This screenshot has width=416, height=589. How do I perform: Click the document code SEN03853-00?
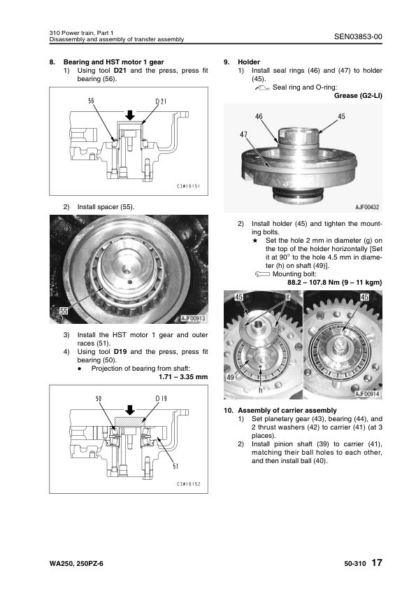coord(358,36)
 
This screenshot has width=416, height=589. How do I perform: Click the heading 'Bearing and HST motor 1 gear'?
coord(113,62)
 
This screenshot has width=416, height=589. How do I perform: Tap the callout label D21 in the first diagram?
coord(161,101)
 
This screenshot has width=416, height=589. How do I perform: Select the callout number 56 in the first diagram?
coord(91,101)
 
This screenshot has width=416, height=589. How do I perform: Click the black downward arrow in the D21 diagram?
coord(130,115)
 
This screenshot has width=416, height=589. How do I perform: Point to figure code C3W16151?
coord(189,186)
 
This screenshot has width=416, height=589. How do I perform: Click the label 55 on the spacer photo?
coord(64,311)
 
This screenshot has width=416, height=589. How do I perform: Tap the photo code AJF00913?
coord(193,318)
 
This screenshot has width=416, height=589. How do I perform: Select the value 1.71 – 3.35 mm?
coord(183,377)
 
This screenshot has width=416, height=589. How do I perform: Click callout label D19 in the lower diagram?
coord(161,399)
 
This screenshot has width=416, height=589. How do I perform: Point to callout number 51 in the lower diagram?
coord(175,466)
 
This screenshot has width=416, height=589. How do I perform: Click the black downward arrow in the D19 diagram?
coord(130,410)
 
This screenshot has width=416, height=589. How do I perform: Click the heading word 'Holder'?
coord(249,62)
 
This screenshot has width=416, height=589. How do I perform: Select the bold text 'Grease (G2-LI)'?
coord(358,95)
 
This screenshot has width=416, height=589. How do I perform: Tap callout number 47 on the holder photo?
coord(244,134)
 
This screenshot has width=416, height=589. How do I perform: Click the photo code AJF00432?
coord(367,207)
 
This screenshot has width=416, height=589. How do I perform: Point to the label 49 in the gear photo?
coord(231,378)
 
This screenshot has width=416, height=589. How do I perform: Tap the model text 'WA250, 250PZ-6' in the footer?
coord(76,563)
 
